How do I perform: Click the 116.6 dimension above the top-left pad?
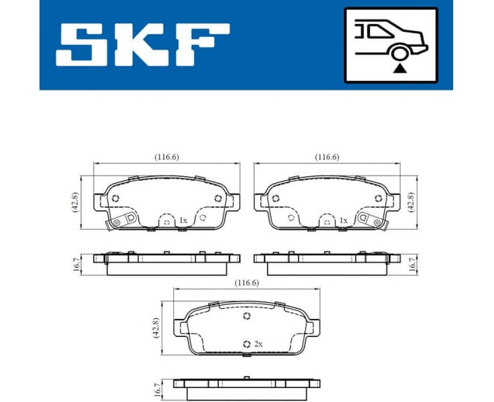(166, 157)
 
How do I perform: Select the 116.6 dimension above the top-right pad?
(327, 157)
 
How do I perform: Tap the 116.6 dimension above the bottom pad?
(246, 283)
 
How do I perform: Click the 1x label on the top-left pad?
(183, 220)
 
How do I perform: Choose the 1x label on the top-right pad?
(343, 220)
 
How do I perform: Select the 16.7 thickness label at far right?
(414, 263)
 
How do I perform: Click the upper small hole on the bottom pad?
(246, 318)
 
